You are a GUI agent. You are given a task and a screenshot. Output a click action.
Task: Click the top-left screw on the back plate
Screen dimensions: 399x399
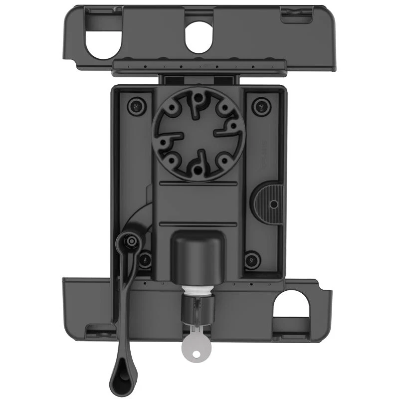tap(134, 105)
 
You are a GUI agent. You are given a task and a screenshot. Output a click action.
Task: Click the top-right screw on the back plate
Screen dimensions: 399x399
tap(259, 105)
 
